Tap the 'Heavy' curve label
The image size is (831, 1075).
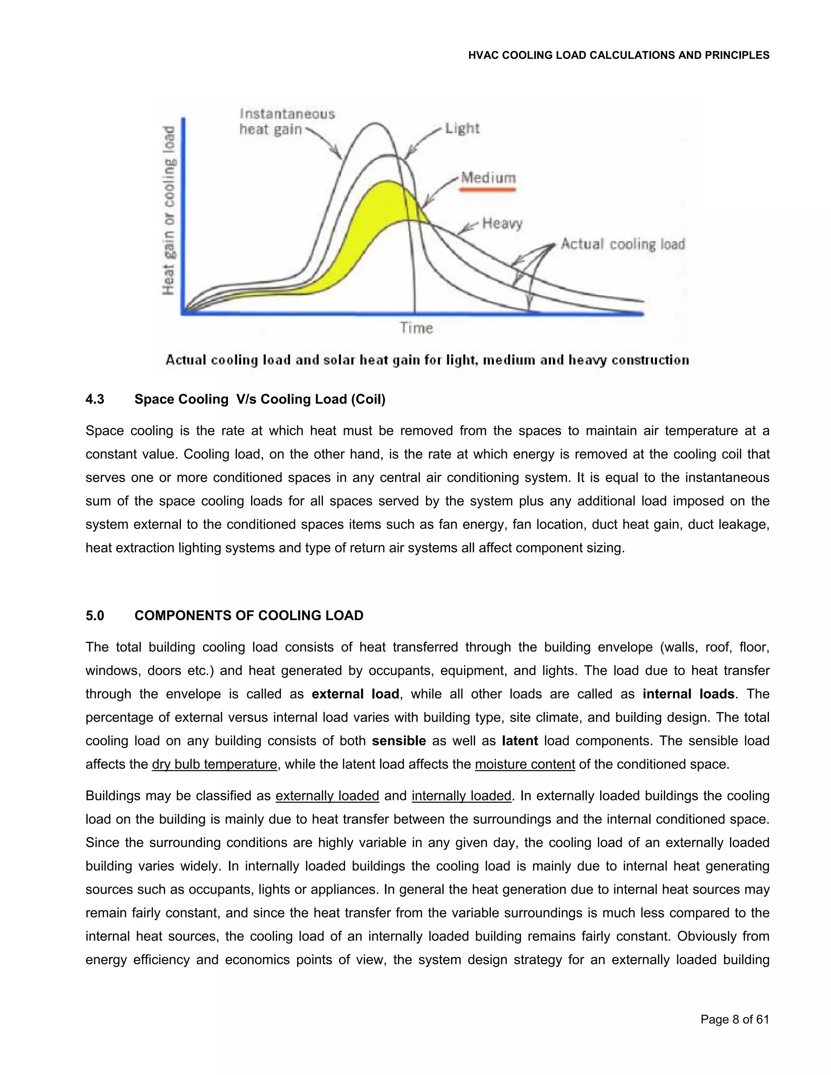(x=502, y=224)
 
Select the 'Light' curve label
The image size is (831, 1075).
(x=462, y=129)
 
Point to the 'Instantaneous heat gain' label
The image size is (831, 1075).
(x=286, y=122)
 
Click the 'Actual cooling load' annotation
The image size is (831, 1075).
(x=622, y=244)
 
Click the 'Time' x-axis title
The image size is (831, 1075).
(x=416, y=328)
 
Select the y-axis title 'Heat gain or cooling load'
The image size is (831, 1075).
(x=169, y=211)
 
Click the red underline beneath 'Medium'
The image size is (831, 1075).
(x=488, y=189)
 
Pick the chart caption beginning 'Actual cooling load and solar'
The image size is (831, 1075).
(x=427, y=360)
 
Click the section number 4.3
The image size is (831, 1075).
(x=95, y=399)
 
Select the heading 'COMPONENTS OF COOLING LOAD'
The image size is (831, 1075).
(x=249, y=616)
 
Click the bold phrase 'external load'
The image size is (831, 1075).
(x=355, y=694)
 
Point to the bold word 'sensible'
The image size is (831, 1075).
(x=398, y=741)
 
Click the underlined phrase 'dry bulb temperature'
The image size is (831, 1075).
(x=214, y=764)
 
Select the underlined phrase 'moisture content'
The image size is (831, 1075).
(x=524, y=764)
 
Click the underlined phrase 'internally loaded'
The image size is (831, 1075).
(x=461, y=796)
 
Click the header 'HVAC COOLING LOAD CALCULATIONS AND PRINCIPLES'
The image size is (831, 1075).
(x=618, y=55)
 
